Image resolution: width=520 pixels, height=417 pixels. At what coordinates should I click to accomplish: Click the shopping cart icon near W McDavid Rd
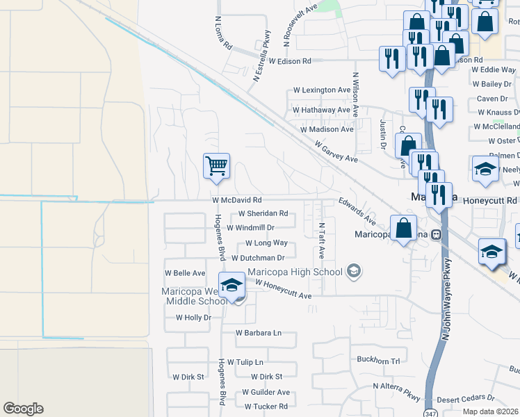[x=217, y=167]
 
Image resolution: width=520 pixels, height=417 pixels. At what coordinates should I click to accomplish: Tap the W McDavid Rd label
[x=237, y=199]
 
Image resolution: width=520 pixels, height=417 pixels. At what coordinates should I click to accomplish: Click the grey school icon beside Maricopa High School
[x=355, y=271]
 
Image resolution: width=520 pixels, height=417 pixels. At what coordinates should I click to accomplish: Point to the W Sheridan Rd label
[x=263, y=213]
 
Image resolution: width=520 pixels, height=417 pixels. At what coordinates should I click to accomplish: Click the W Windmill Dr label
[x=251, y=227]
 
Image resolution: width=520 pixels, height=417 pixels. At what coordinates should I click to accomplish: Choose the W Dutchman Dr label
[x=259, y=258]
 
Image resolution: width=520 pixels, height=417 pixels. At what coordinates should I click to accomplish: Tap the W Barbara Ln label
[x=259, y=333]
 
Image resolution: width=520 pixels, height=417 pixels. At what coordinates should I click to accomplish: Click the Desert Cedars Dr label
[x=465, y=399]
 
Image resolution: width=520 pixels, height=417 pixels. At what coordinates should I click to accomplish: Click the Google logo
[x=23, y=409]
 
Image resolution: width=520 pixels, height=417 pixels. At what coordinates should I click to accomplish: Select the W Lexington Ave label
[x=322, y=90]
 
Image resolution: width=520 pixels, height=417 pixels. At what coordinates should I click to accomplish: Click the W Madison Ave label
[x=327, y=129]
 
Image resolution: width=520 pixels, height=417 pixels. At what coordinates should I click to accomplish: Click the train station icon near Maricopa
[x=437, y=234]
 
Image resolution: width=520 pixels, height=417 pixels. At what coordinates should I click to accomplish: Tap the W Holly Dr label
[x=193, y=317]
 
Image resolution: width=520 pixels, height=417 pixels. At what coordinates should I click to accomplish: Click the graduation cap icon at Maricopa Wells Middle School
[x=231, y=284]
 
